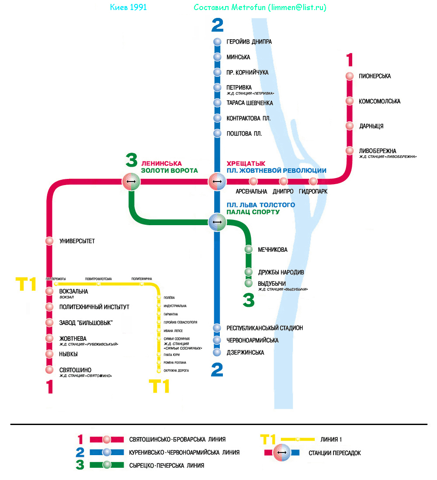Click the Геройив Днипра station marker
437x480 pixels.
(217, 42)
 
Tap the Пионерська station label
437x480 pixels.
(375, 76)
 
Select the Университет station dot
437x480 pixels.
(49, 240)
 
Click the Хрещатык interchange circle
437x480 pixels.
(217, 181)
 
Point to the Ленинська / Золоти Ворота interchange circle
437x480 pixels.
(131, 181)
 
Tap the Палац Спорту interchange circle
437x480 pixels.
(217, 222)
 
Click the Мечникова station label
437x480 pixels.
(273, 250)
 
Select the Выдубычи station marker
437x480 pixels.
(249, 283)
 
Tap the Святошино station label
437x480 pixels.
(75, 370)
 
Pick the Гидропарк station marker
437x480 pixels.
(313, 181)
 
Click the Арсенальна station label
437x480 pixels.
(251, 192)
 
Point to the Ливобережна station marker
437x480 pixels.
(349, 151)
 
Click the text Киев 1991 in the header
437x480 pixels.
(128, 8)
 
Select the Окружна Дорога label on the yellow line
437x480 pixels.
(176, 371)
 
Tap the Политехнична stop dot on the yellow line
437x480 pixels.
(142, 284)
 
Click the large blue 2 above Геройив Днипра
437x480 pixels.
(217, 25)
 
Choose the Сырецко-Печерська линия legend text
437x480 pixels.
(166, 466)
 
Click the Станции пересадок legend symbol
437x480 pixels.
(282, 453)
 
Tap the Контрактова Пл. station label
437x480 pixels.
(249, 118)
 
